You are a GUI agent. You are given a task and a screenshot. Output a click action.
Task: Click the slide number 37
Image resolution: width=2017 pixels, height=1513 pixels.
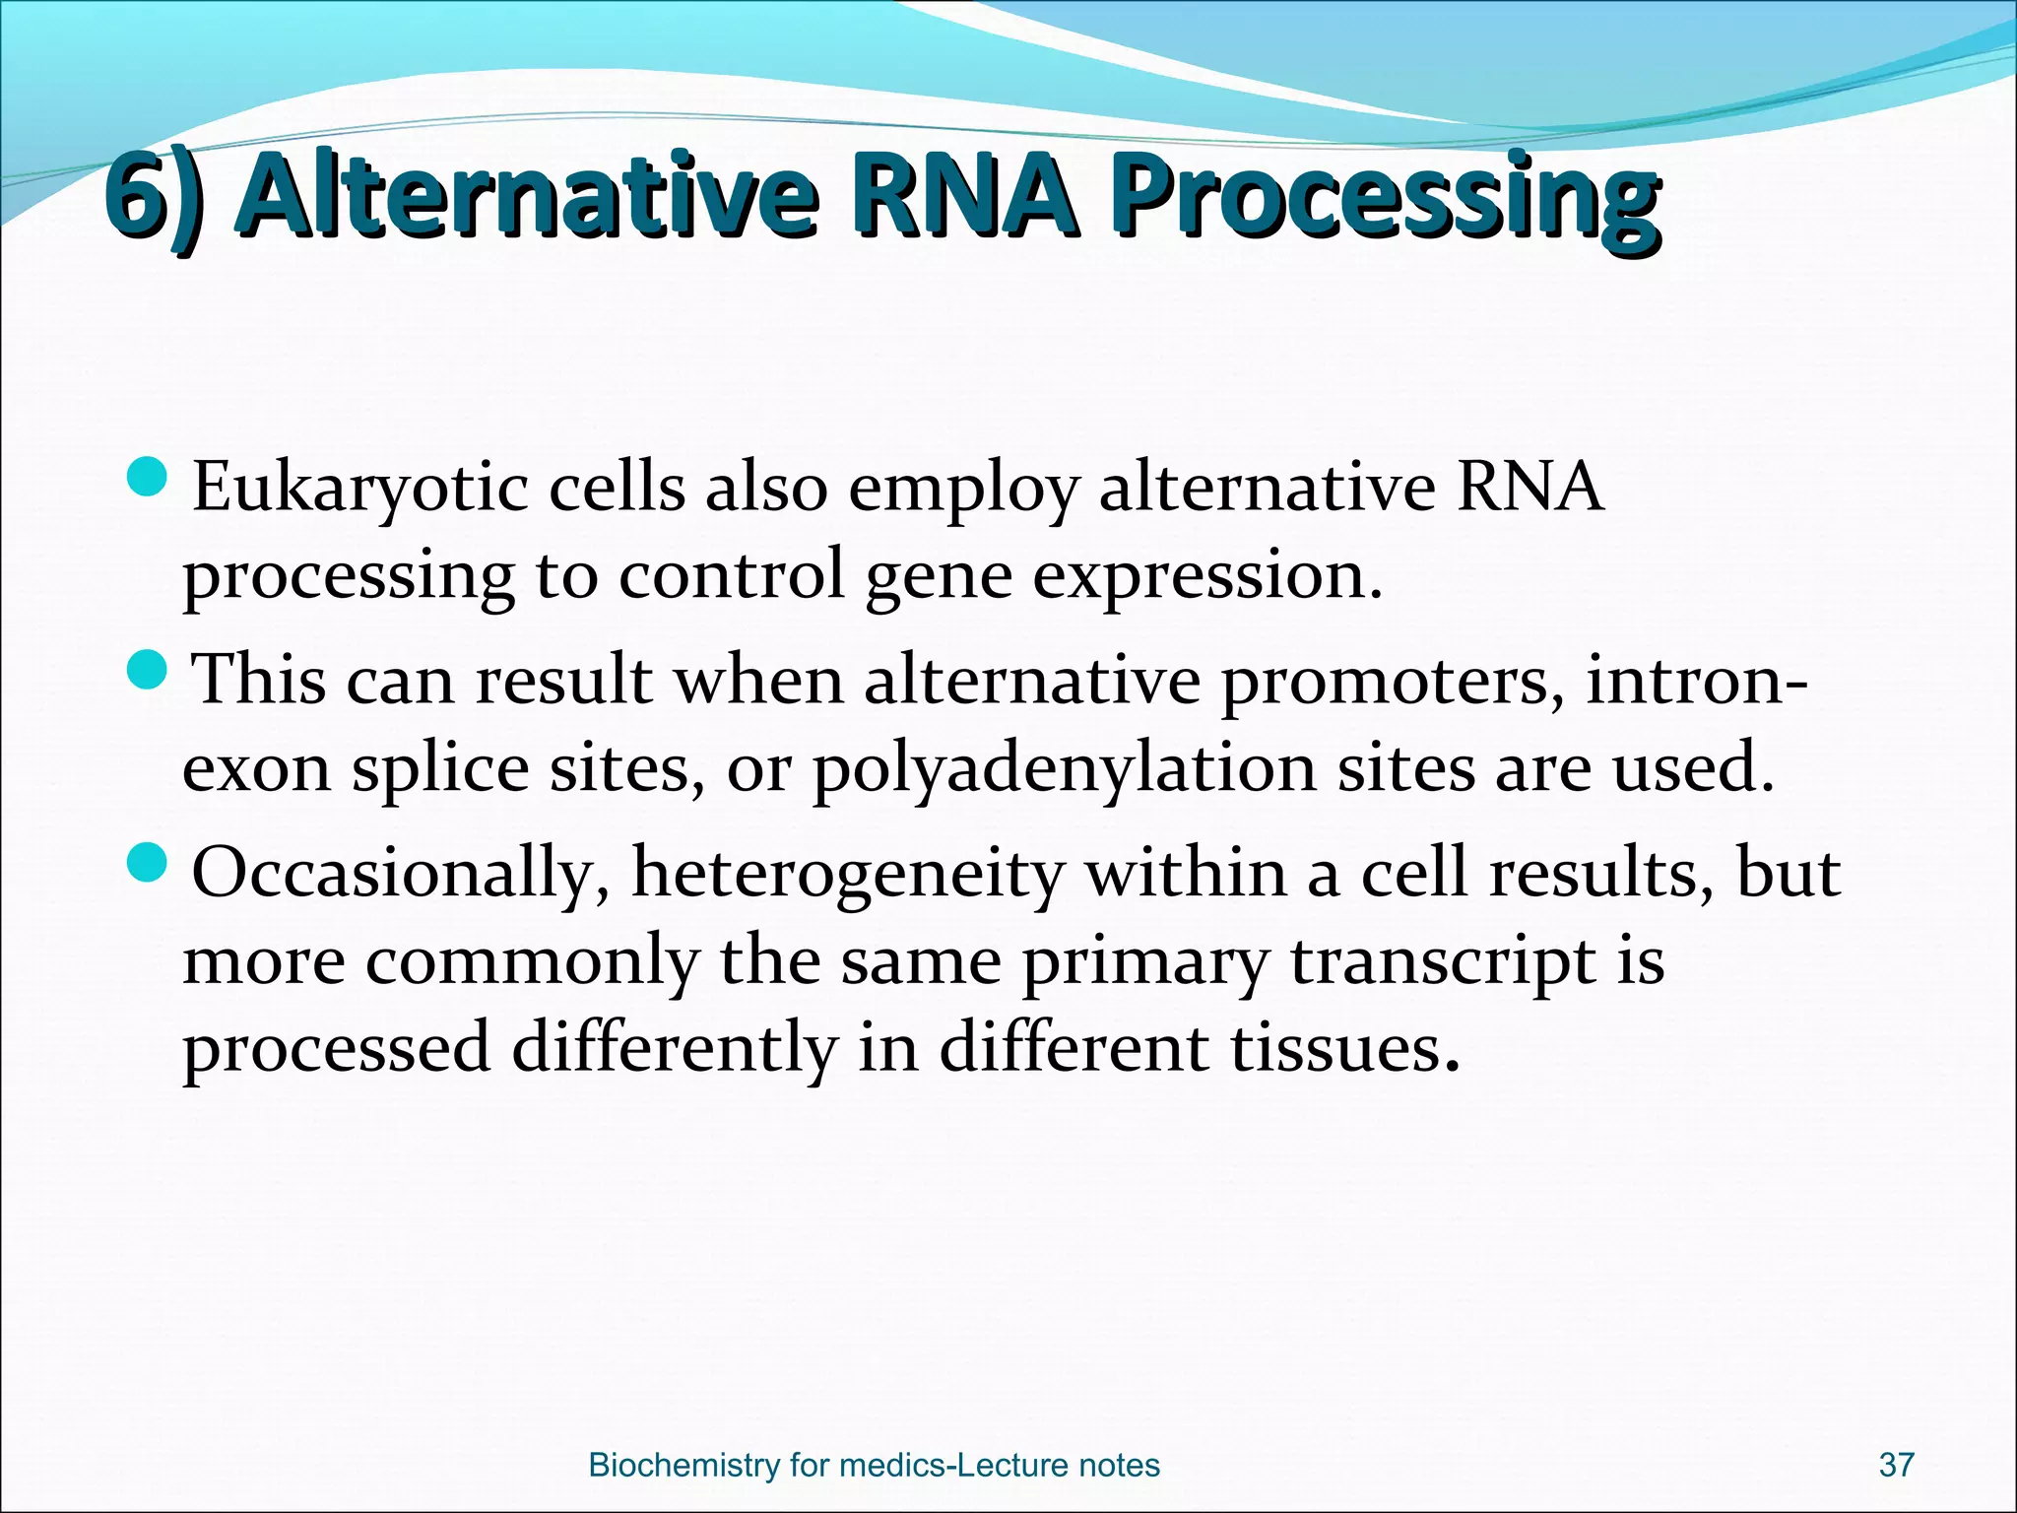click(1896, 1465)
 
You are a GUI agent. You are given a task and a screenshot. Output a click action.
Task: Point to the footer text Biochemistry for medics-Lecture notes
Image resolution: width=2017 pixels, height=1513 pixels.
click(874, 1465)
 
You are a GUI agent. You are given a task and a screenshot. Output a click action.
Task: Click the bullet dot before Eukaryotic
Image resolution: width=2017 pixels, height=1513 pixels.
click(150, 476)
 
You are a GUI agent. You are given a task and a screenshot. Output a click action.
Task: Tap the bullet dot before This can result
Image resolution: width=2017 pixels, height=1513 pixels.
click(150, 669)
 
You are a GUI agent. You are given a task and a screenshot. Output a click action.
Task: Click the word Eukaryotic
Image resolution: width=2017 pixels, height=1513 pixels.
click(358, 488)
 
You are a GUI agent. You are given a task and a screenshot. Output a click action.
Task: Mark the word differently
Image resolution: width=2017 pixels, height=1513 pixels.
click(674, 1050)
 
